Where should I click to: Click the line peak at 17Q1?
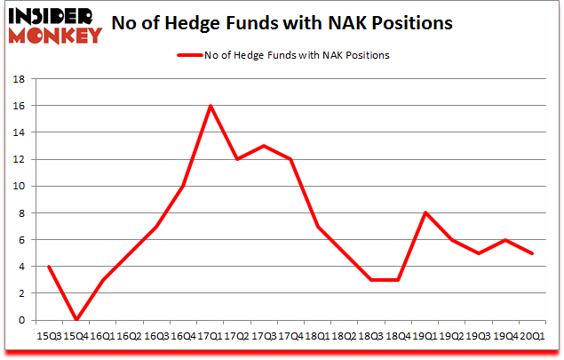tap(210, 106)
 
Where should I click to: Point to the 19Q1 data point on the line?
tap(426, 212)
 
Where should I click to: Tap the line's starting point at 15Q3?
tap(48, 267)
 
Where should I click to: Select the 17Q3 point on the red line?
tap(264, 146)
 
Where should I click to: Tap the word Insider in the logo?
tap(51, 15)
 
